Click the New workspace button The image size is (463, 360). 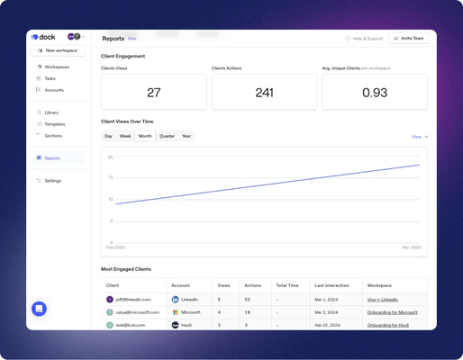(58, 50)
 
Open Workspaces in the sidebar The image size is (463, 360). (56, 67)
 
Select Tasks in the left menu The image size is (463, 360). (50, 78)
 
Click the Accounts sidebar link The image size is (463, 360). (54, 90)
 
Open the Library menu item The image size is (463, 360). (51, 112)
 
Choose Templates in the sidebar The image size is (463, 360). (54, 124)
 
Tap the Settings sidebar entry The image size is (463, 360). (52, 181)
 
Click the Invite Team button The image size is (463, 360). (409, 39)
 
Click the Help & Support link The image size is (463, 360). (365, 39)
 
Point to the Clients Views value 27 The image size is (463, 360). (154, 93)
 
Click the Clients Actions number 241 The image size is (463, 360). (264, 93)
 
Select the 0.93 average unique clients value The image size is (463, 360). (375, 93)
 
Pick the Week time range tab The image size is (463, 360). (125, 136)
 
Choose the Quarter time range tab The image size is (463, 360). (167, 136)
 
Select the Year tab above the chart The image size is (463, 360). (186, 136)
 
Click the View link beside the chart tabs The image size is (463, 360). (419, 137)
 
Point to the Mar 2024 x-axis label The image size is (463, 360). (411, 247)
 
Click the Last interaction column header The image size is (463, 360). (331, 285)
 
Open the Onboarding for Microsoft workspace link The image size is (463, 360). (392, 312)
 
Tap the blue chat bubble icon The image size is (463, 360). (39, 309)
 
